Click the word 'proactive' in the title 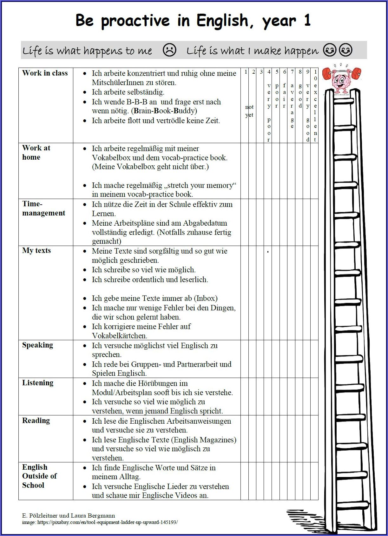(135, 21)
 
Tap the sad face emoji (169, 50)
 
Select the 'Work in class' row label (45, 73)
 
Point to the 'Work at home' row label (36, 152)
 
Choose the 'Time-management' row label (43, 208)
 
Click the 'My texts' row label (36, 250)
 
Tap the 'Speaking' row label (37, 345)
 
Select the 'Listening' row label (37, 383)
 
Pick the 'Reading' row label (36, 420)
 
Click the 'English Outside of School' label (39, 476)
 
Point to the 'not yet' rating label (249, 111)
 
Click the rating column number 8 (300, 72)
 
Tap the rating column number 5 (277, 72)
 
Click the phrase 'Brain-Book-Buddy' (165, 111)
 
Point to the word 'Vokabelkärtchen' (120, 335)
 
